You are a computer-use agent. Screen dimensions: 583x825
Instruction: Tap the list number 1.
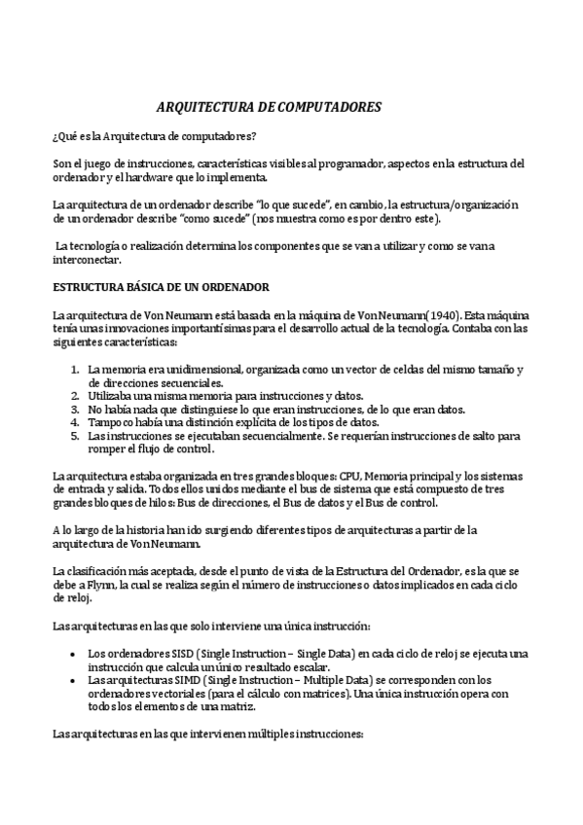[x=75, y=370]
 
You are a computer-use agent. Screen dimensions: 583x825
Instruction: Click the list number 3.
[x=75, y=410]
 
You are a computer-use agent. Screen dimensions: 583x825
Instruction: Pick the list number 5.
[x=75, y=437]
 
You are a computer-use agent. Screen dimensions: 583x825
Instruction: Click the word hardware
[x=178, y=177]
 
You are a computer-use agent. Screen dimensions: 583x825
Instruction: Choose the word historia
[x=128, y=531]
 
